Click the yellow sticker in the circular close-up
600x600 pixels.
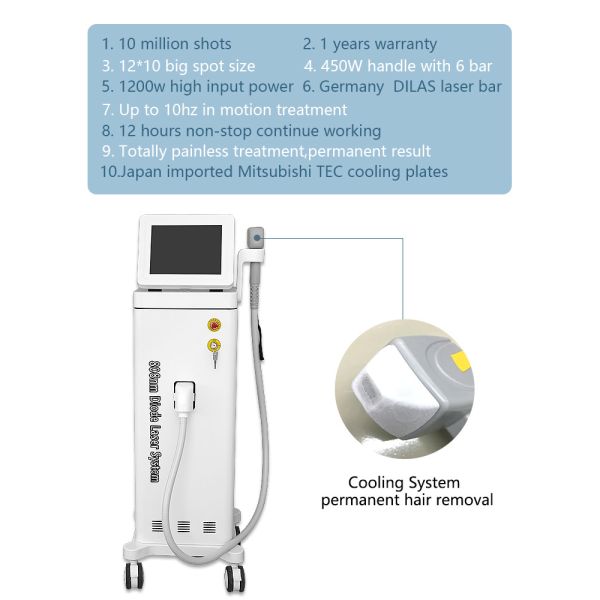pos(462,357)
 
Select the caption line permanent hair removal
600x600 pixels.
pos(406,499)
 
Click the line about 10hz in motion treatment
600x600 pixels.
pos(224,109)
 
